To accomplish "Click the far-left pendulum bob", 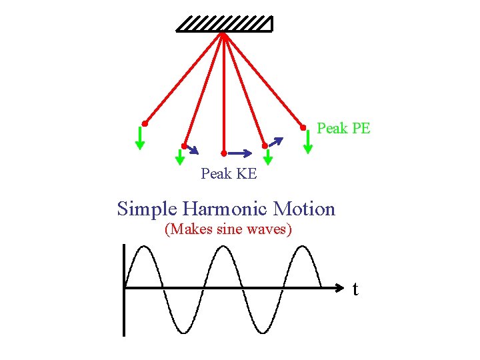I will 144,124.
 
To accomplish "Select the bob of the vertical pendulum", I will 223,153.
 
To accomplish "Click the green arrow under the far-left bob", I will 140,138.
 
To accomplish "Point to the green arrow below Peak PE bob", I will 307,141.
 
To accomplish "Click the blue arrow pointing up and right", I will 276,141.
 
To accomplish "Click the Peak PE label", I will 343,128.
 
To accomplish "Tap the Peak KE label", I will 229,174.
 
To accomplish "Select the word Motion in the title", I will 304,209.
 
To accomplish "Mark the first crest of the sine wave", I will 142,247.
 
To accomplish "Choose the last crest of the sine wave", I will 303,247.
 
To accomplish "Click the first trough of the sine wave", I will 182,331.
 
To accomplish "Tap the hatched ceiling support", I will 224,24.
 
